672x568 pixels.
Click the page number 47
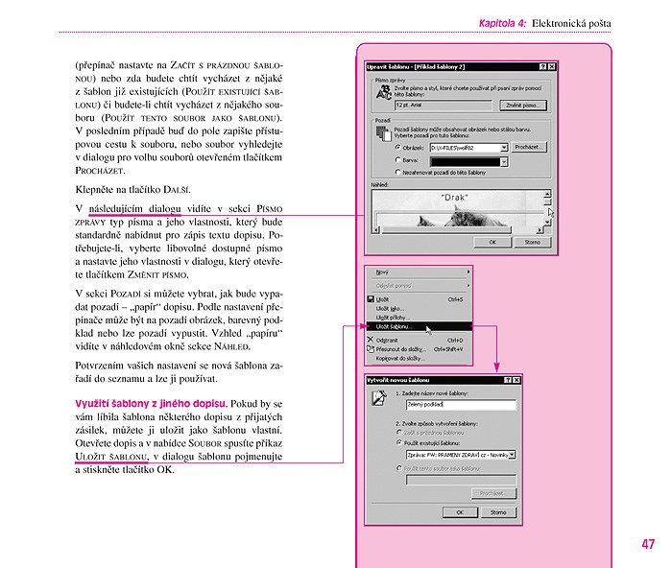(648, 544)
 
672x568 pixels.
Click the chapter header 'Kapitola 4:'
(502, 22)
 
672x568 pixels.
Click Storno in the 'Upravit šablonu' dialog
(533, 243)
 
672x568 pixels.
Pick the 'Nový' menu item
(382, 272)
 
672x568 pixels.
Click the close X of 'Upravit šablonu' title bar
(554, 66)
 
